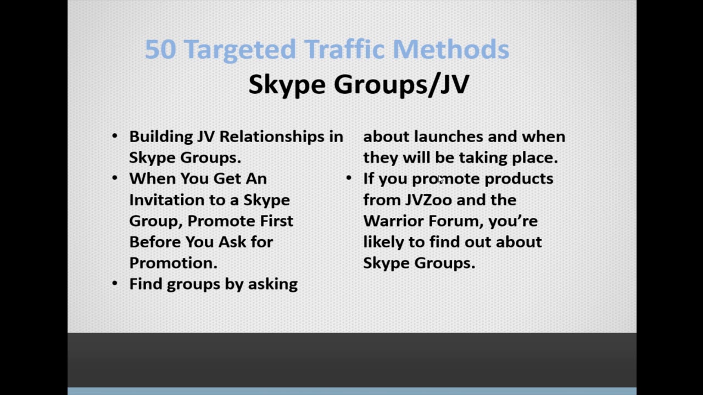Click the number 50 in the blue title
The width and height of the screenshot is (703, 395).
(x=160, y=49)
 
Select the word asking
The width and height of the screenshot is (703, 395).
(x=273, y=284)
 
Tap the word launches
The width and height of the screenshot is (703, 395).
(x=449, y=137)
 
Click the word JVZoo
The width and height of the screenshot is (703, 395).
(x=428, y=200)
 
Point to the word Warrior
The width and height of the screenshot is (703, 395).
(x=393, y=221)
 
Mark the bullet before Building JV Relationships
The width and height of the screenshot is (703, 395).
(x=115, y=137)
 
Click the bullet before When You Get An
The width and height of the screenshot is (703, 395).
(x=115, y=178)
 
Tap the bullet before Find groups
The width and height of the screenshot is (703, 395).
(x=115, y=284)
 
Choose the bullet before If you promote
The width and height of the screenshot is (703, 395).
(x=349, y=178)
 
